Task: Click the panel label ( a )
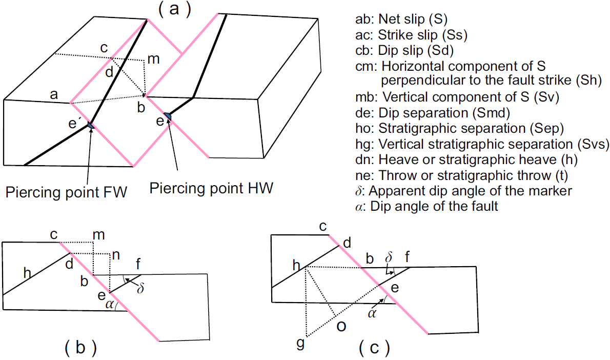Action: (174, 10)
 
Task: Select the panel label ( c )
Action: (373, 349)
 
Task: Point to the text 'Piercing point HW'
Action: (211, 188)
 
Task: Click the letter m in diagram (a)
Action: (153, 59)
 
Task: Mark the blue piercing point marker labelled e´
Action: (91, 126)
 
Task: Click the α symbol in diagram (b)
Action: (109, 305)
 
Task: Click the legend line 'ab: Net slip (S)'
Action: (401, 19)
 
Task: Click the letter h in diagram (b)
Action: (29, 275)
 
